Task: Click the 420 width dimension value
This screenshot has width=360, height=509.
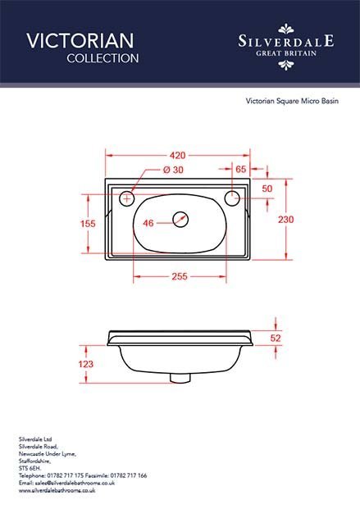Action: point(177,156)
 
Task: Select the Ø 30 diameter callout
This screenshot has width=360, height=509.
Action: point(173,170)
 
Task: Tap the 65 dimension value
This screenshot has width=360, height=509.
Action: point(241,169)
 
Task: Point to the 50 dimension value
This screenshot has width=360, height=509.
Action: point(267,189)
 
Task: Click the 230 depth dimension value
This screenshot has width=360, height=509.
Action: point(285,220)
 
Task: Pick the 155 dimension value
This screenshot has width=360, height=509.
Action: point(88,224)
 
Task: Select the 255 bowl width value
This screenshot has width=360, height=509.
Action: point(180,276)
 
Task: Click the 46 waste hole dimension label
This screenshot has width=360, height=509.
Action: point(148,223)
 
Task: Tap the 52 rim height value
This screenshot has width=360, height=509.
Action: point(276,339)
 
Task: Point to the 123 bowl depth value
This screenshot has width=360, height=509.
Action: point(86,364)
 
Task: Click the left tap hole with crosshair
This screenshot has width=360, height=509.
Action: point(127,198)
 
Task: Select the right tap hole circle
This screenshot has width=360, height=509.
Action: point(232,198)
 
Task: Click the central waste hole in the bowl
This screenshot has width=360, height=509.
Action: point(180,220)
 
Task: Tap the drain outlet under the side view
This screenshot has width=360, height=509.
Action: point(180,378)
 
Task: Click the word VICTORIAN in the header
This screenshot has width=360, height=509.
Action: point(80,41)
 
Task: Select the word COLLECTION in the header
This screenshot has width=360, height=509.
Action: point(103,58)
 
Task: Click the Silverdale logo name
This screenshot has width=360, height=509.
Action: point(286,41)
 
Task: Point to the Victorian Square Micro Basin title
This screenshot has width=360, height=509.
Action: point(292,101)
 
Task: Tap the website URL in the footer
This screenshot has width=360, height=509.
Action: point(57,490)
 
